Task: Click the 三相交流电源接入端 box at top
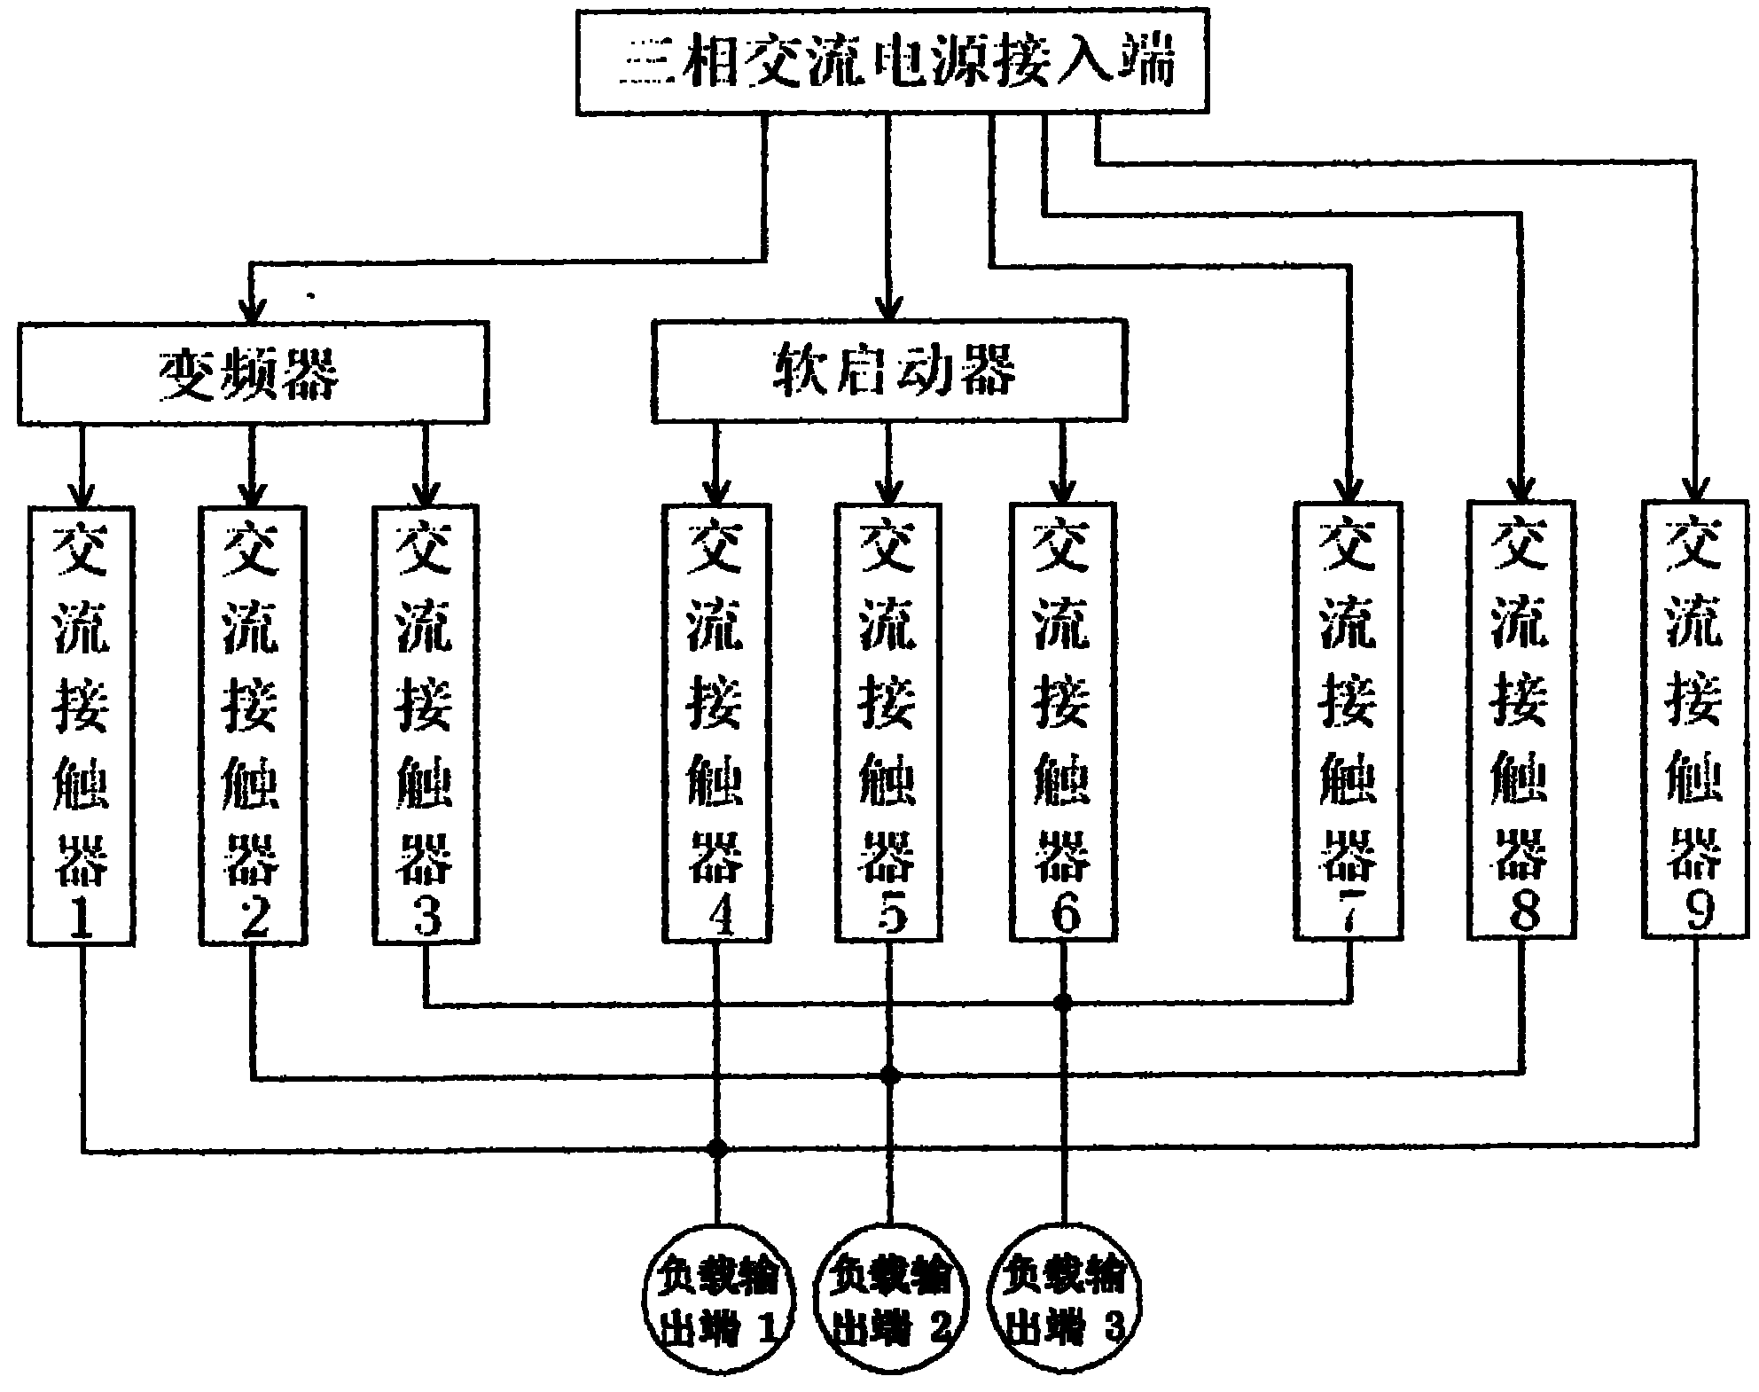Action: (892, 62)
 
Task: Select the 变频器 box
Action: (253, 372)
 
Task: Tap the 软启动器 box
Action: (889, 370)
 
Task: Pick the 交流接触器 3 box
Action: (426, 723)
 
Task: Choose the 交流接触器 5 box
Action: (888, 723)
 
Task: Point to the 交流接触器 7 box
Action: (1348, 721)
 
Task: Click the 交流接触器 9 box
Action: (1695, 719)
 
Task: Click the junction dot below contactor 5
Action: (890, 1076)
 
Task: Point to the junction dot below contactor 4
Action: (717, 1150)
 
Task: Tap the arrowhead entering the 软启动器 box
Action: (889, 309)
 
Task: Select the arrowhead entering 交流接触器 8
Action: (1521, 490)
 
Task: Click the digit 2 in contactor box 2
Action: (254, 918)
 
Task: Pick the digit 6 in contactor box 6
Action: (1064, 915)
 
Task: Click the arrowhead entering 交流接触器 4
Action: (715, 492)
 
